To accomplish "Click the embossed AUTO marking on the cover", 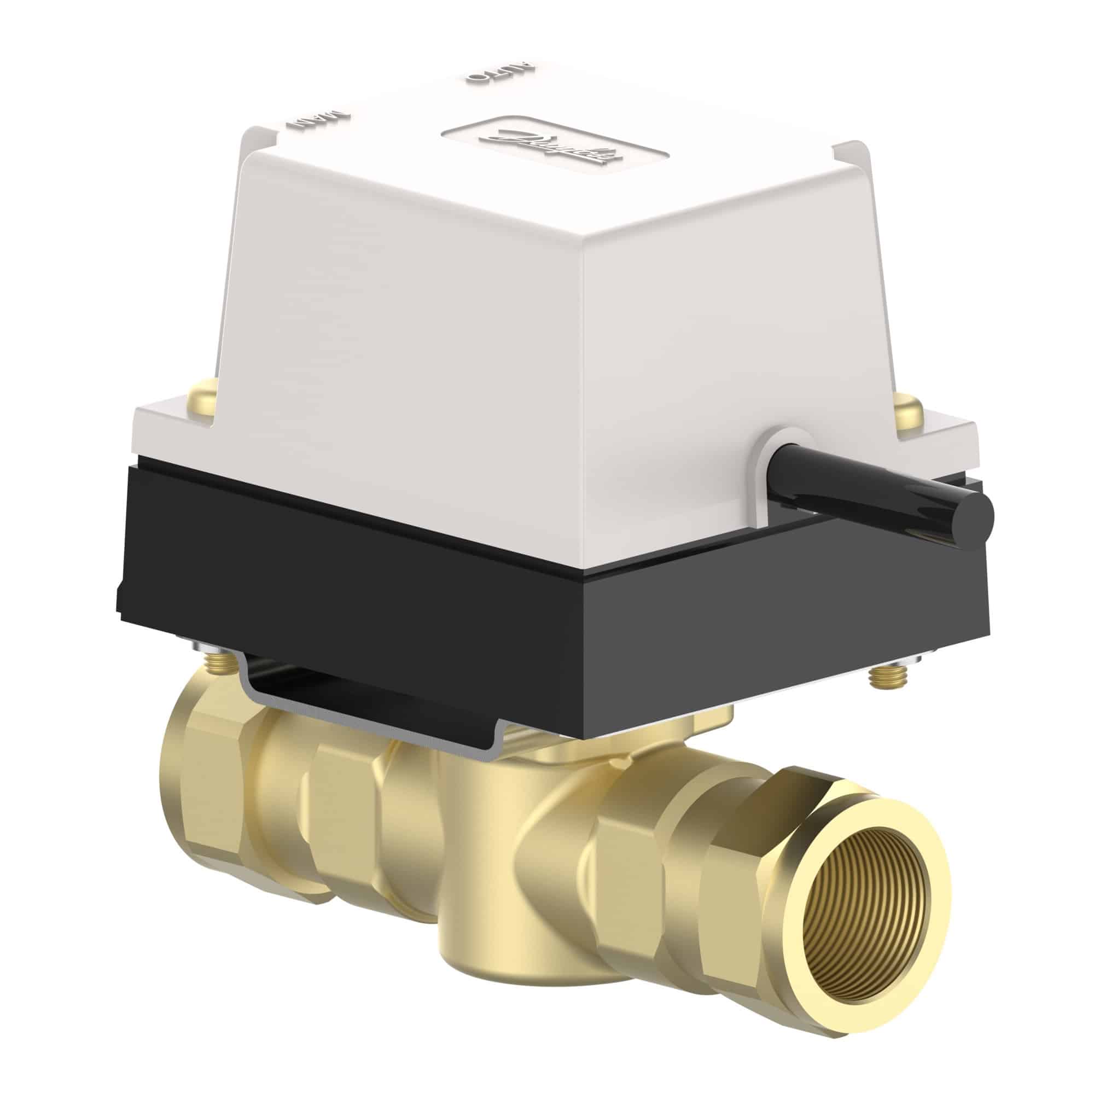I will click(498, 74).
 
